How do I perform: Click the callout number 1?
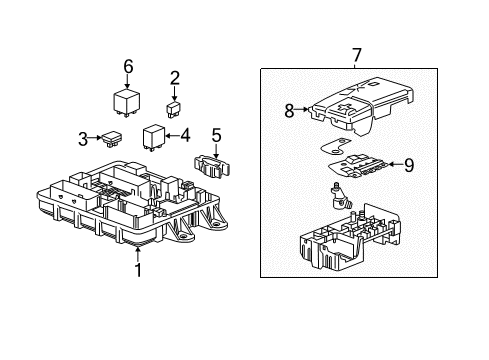click(138, 270)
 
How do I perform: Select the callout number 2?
click(175, 78)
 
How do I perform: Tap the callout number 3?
click(83, 139)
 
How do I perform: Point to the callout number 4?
click(185, 136)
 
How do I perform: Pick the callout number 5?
click(216, 136)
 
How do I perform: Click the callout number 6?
click(128, 66)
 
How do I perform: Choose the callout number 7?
click(357, 55)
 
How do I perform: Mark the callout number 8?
click(289, 111)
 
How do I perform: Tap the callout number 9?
click(409, 165)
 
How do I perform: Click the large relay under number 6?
click(126, 103)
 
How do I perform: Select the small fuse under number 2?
click(173, 109)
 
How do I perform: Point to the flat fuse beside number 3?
click(112, 139)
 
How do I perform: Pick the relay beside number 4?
click(154, 137)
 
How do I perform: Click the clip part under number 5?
click(212, 166)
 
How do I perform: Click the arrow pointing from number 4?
click(172, 136)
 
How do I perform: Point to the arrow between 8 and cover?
click(302, 109)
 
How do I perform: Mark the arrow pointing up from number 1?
click(138, 252)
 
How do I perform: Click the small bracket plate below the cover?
click(334, 146)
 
